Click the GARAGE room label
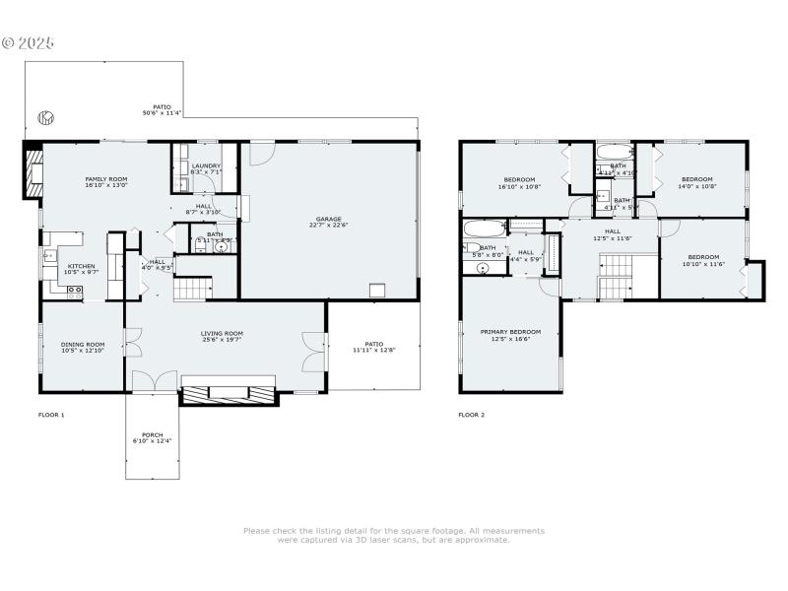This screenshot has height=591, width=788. [328, 220]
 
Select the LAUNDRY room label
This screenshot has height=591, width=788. [206, 165]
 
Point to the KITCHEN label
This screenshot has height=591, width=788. [81, 266]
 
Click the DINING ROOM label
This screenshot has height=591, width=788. [83, 344]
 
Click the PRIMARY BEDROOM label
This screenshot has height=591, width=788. [511, 333]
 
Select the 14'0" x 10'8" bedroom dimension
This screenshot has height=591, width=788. [696, 186]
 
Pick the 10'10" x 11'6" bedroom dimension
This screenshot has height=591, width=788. [703, 263]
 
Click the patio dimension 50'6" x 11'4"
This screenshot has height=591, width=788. [162, 113]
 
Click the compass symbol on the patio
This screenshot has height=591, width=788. [44, 118]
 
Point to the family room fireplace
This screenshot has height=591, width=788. [33, 171]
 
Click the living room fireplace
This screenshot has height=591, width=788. [229, 392]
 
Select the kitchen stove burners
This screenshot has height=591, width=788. [74, 290]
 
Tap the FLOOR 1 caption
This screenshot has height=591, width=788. [51, 415]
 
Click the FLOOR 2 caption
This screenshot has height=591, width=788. [471, 415]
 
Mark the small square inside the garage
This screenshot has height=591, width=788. [376, 290]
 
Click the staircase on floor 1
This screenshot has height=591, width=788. [193, 289]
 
